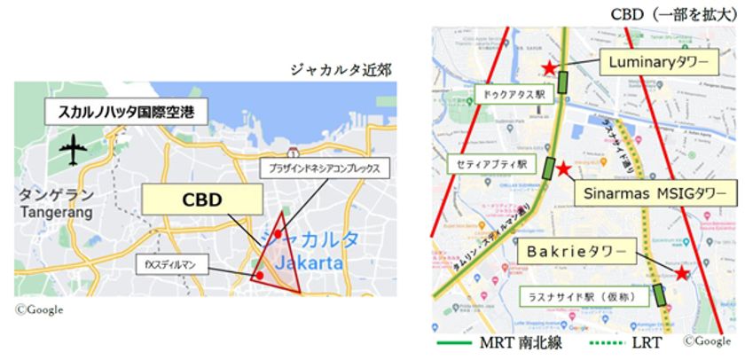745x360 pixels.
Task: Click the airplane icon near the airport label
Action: coord(70,151)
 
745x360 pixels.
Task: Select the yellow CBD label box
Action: coord(190,200)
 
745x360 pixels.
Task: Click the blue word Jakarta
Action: coord(309,263)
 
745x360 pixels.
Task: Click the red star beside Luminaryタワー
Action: coord(550,67)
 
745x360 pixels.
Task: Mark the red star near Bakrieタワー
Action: coord(680,274)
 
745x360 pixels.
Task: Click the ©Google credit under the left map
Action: coord(38,309)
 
